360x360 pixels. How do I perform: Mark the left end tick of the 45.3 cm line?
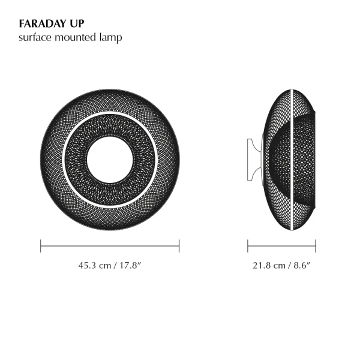tap(41, 245)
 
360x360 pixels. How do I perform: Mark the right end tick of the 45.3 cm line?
tap(179, 245)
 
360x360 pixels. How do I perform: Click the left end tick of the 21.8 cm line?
tap(248, 245)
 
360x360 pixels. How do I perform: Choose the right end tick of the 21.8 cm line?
tap(316, 245)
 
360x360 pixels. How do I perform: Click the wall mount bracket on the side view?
tap(253, 160)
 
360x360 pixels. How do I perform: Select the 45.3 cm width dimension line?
tap(110, 245)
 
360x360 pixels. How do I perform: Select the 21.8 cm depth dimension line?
tap(282, 245)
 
